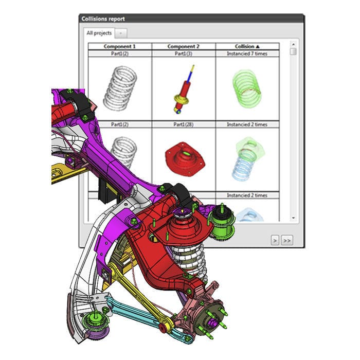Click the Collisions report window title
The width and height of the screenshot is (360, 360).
point(103,19)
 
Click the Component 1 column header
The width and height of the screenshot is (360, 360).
point(120,46)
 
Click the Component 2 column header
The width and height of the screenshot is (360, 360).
point(184,46)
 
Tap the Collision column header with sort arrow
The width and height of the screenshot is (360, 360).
point(247,46)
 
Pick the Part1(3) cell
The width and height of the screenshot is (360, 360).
point(184,53)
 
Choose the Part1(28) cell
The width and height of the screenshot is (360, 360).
point(184,124)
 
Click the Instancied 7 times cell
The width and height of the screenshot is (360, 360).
point(247,53)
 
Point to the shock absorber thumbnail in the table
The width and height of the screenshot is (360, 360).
point(183,88)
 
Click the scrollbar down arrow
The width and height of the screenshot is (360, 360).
point(293,218)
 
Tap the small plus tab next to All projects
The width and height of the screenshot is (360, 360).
point(120,33)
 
